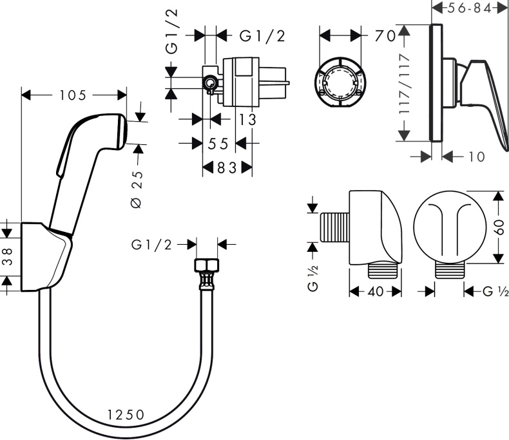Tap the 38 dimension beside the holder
[7, 257]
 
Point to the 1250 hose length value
[125, 414]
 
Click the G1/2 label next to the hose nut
[152, 244]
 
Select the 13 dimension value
[246, 119]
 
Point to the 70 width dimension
[385, 36]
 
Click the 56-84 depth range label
[470, 8]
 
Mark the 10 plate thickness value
[477, 156]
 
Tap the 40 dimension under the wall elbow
[376, 292]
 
